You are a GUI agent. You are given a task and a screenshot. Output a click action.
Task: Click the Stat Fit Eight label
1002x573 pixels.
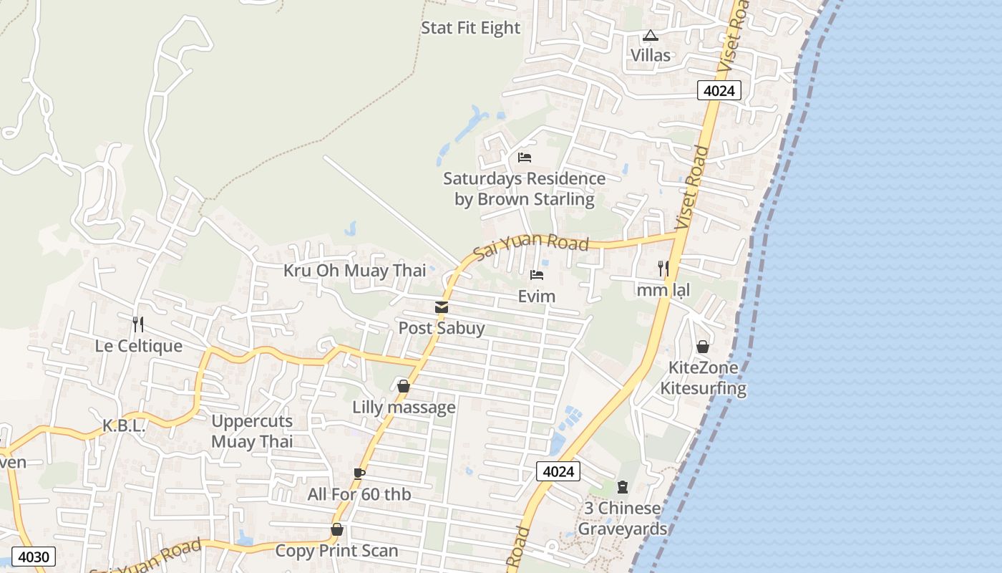[470, 28]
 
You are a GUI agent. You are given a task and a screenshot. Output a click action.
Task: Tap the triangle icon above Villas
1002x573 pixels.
[650, 35]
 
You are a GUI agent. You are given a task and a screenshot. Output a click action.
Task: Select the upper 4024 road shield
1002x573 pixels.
[719, 90]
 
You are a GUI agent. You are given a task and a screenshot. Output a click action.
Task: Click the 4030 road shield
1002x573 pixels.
[33, 557]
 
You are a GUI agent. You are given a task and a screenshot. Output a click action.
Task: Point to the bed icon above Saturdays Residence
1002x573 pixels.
[525, 158]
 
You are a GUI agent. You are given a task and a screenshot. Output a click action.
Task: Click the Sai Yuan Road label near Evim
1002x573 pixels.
[531, 245]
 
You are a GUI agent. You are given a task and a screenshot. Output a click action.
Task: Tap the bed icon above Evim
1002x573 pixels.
[537, 275]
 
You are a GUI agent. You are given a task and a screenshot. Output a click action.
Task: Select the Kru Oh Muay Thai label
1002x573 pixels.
[354, 271]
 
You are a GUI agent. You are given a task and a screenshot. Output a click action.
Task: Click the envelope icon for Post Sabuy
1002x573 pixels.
[442, 307]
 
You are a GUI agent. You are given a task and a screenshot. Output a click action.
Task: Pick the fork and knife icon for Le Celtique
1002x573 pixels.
[138, 324]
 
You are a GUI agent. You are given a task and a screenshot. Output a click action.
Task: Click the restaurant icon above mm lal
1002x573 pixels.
[663, 269]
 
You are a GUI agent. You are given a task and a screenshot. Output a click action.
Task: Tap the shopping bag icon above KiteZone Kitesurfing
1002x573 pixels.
[703, 347]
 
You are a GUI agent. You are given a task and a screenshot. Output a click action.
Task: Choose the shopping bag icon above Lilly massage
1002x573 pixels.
[404, 386]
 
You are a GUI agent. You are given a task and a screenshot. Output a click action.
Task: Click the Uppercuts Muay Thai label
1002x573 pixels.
[252, 431]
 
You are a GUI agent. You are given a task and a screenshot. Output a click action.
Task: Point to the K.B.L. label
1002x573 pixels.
[124, 426]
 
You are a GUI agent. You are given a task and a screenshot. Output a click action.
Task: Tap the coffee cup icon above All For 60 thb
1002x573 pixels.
[359, 473]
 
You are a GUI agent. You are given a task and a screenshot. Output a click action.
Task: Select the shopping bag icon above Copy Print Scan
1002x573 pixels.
[336, 529]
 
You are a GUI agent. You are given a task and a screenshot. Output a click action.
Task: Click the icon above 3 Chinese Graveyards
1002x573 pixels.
[622, 487]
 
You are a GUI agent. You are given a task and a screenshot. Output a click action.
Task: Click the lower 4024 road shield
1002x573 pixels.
[558, 471]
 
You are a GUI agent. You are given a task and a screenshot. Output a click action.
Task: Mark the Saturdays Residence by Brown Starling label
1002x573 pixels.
[524, 189]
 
